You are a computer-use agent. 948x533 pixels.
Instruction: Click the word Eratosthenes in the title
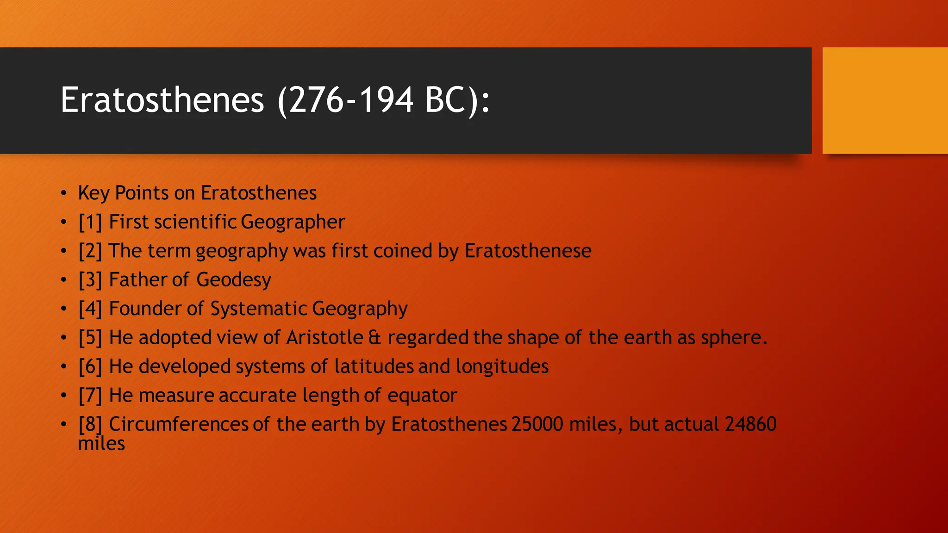(162, 100)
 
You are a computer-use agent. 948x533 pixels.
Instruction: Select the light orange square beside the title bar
(885, 100)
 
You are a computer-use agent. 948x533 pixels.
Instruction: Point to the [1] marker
(90, 222)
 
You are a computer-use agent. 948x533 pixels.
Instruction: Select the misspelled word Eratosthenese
(528, 251)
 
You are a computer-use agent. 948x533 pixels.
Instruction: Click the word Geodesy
(233, 280)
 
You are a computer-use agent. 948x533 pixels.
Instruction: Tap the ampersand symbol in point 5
(374, 338)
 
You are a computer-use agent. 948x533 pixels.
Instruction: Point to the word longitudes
(502, 366)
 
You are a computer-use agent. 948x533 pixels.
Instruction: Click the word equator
(422, 396)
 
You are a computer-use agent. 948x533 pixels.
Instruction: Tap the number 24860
(750, 424)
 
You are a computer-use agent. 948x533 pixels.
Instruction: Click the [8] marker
(90, 424)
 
